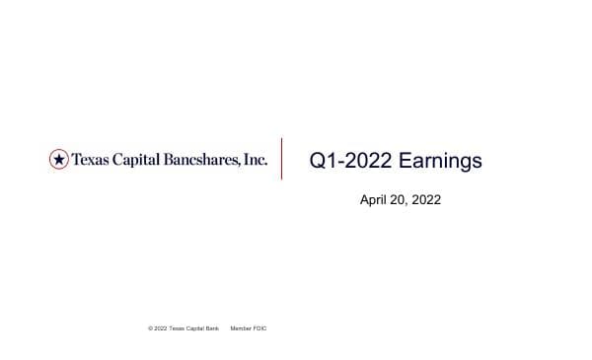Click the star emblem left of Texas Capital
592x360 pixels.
[x=59, y=159]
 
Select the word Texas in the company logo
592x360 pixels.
[x=90, y=159]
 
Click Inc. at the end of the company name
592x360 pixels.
[x=255, y=159]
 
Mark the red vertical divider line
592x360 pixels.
[x=282, y=159]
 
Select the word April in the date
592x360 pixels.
[x=375, y=200]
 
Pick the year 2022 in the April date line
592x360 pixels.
[x=426, y=200]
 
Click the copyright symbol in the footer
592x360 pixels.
[x=150, y=327]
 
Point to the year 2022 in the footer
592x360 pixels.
[x=160, y=327]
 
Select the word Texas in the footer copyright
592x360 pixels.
[x=177, y=327]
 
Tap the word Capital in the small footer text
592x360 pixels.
[x=195, y=327]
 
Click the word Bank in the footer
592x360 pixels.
[x=213, y=327]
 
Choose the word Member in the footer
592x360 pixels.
[x=240, y=327]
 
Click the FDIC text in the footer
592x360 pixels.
[x=259, y=327]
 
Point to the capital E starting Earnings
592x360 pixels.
[x=403, y=161]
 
